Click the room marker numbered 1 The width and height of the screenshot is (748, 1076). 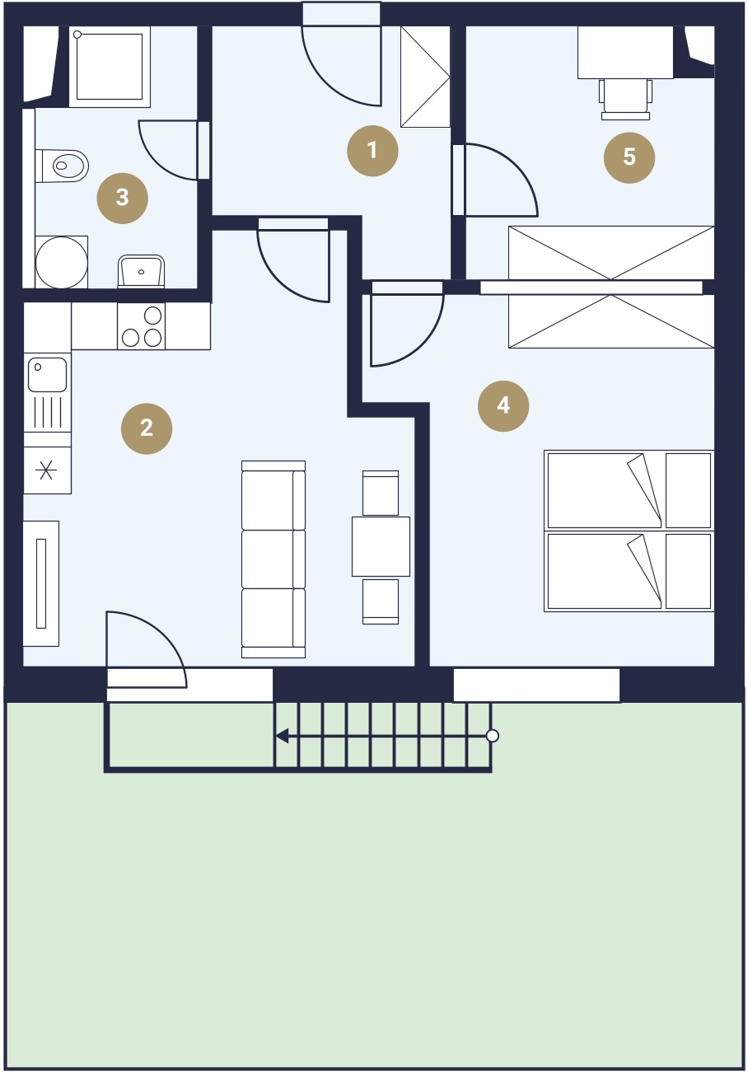click(372, 151)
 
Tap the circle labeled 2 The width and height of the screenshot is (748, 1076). click(147, 428)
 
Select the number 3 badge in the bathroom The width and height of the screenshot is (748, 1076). click(122, 198)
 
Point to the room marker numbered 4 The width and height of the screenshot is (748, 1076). click(503, 406)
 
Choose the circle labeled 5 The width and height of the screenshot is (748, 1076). click(629, 157)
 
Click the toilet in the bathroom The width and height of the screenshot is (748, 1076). click(63, 166)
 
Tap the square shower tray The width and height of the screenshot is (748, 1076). click(110, 66)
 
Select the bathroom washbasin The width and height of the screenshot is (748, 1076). click(141, 271)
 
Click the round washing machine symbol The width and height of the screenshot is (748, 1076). click(62, 262)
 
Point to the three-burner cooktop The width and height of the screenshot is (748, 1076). click(141, 326)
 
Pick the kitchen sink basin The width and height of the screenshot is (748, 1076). click(47, 374)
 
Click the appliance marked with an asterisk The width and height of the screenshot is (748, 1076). click(47, 470)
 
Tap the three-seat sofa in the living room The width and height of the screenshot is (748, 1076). click(273, 559)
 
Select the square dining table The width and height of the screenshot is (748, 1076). click(381, 546)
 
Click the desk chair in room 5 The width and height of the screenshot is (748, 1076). click(625, 100)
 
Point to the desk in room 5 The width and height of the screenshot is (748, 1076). click(625, 52)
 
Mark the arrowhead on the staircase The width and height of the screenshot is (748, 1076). click(282, 736)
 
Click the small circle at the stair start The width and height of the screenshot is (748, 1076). click(493, 736)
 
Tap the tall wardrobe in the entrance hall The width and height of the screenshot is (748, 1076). click(425, 77)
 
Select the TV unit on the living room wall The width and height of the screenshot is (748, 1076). click(41, 583)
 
